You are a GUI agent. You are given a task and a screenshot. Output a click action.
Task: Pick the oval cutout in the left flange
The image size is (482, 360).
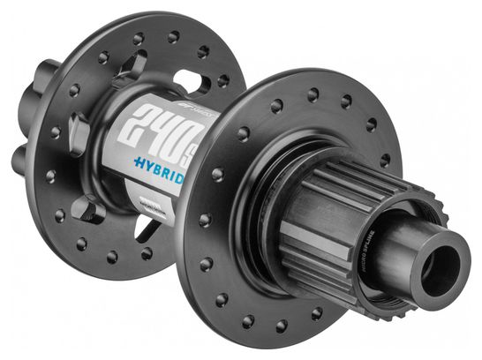(200, 80)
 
